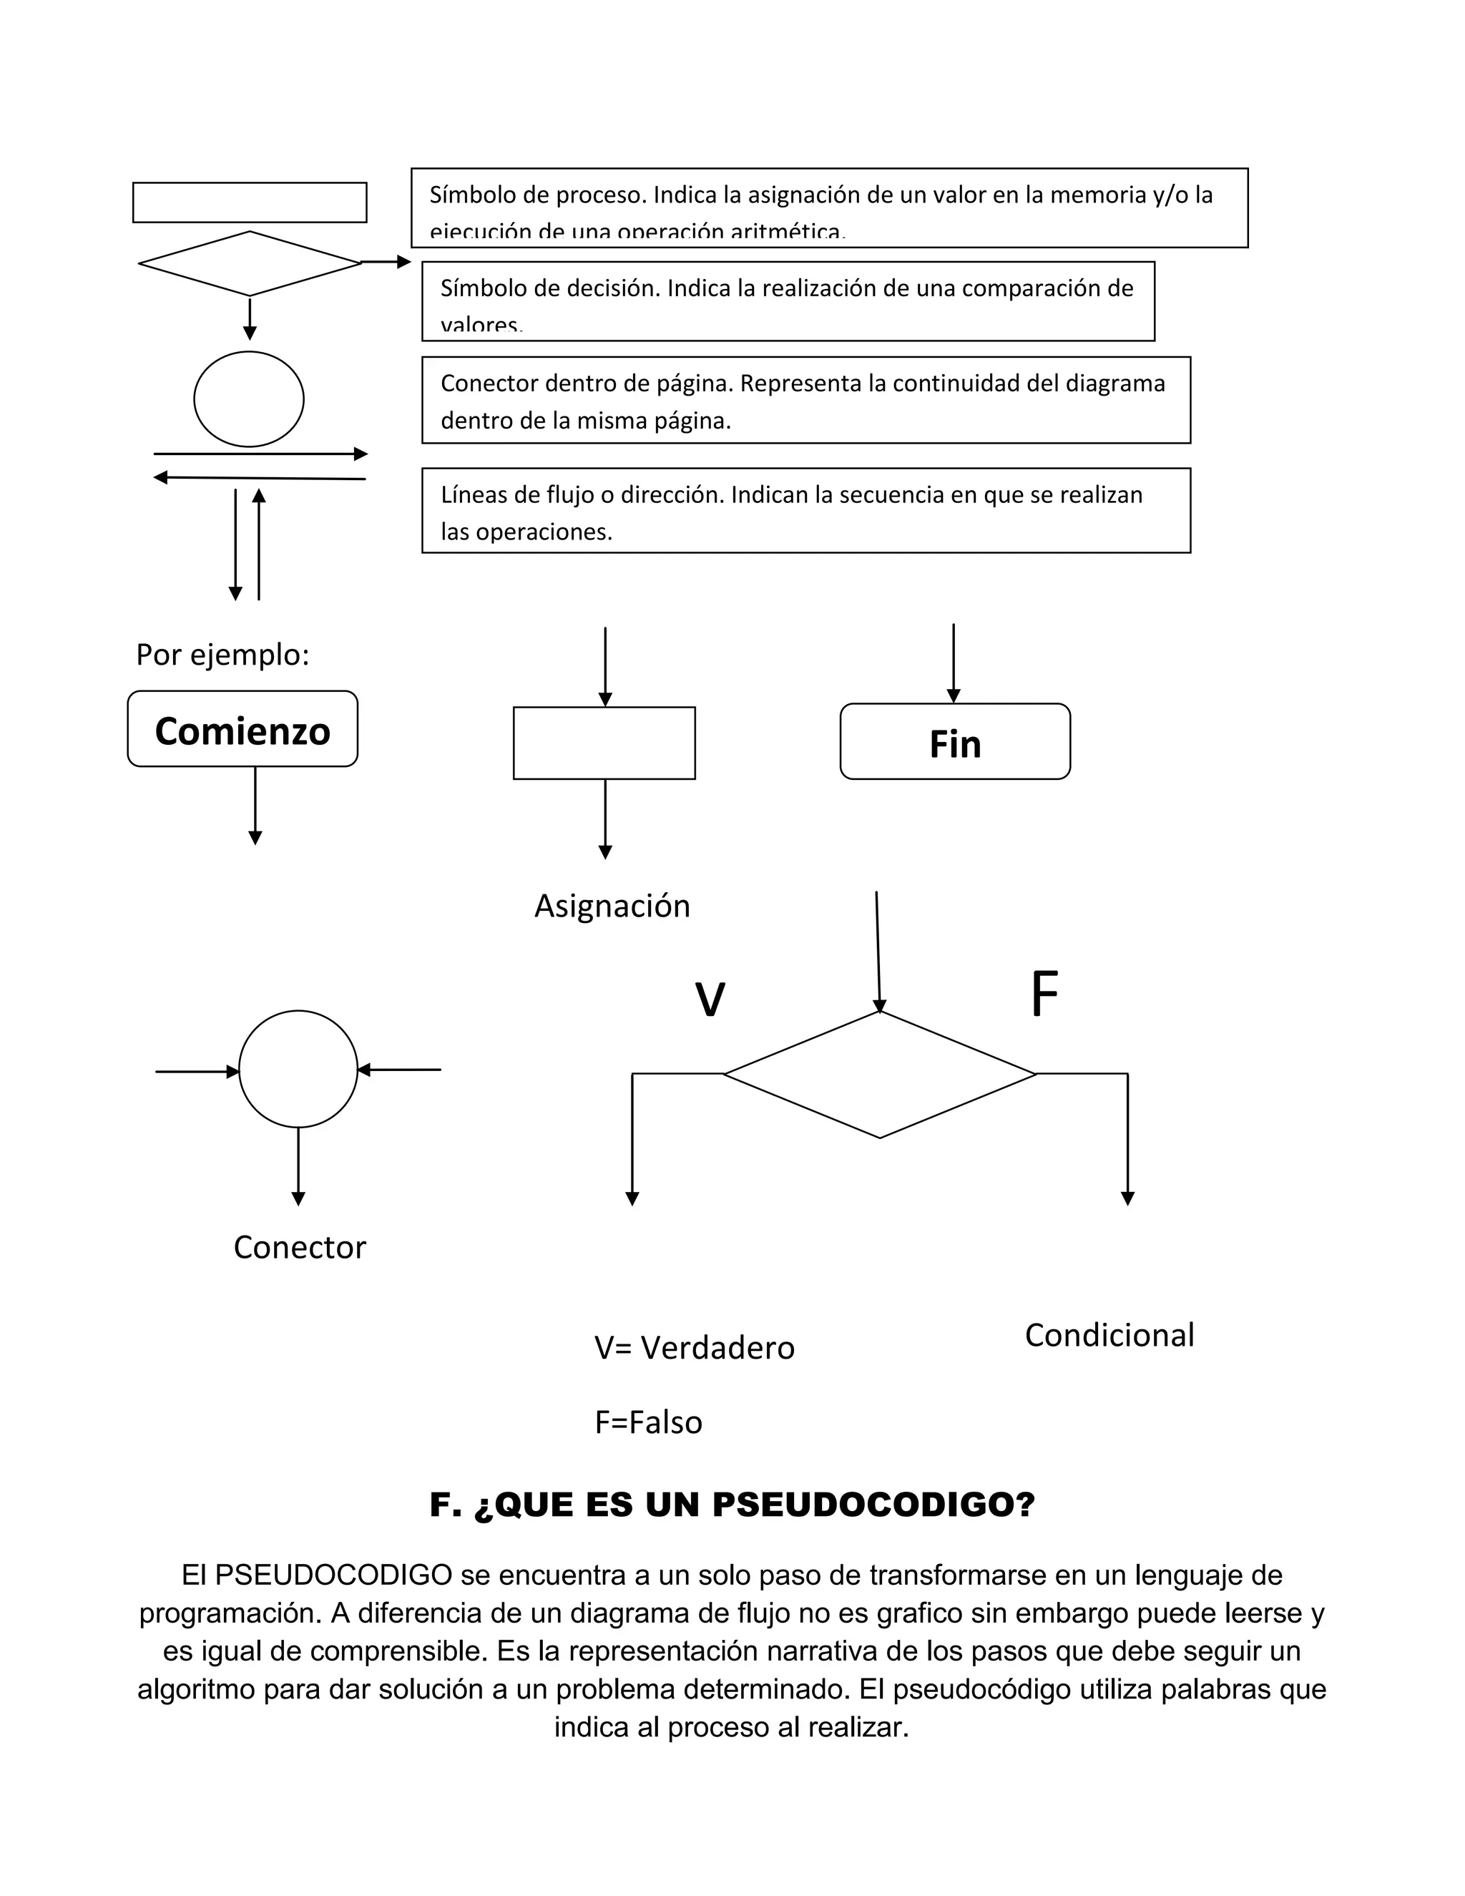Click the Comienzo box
click(x=242, y=729)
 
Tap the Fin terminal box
click(x=955, y=742)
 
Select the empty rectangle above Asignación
click(x=604, y=743)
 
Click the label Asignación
click(x=612, y=907)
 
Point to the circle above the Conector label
click(x=298, y=1070)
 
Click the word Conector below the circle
click(x=300, y=1248)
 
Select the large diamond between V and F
click(x=879, y=1075)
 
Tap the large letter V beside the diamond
click(x=710, y=1000)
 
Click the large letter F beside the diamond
click(x=1044, y=995)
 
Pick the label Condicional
click(x=1109, y=1335)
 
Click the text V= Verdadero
click(x=695, y=1348)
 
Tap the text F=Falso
click(x=648, y=1423)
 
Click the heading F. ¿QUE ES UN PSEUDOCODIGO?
click(x=732, y=1505)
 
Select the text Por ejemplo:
click(x=223, y=655)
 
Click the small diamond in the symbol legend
click(x=250, y=263)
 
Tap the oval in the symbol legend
click(x=249, y=399)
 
